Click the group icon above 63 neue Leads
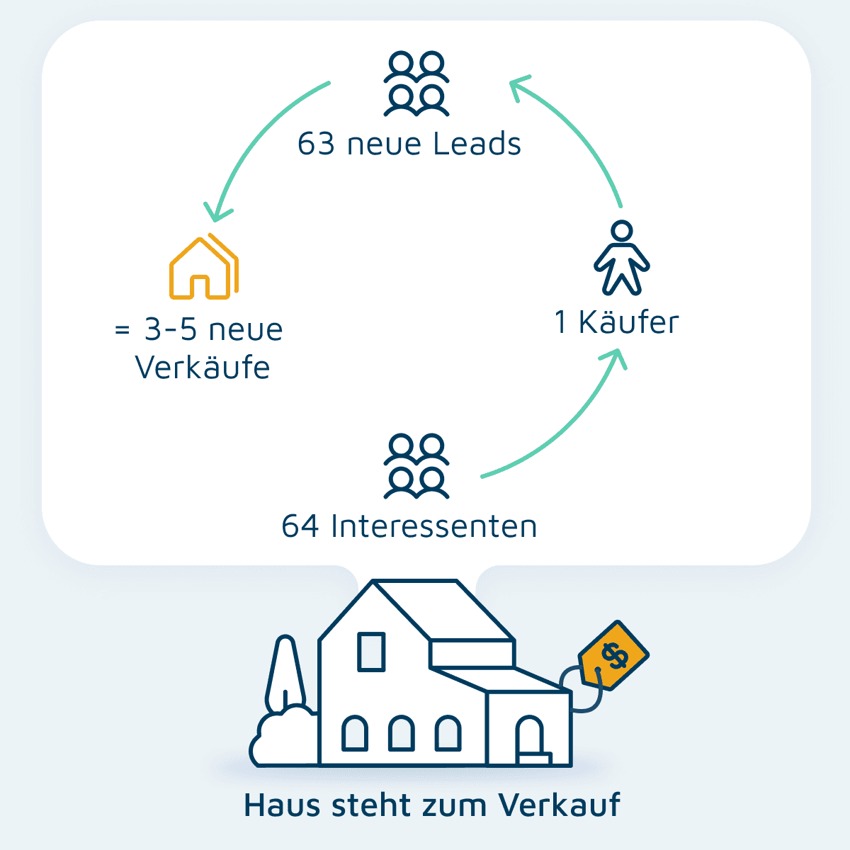point(416,84)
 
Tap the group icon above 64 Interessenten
point(416,466)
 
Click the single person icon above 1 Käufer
point(621,258)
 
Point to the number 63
point(315,144)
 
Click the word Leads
point(477,144)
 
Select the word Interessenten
point(433,527)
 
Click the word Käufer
point(628,323)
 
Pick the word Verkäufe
point(203,368)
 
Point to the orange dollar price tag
point(613,655)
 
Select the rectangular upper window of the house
point(371,652)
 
